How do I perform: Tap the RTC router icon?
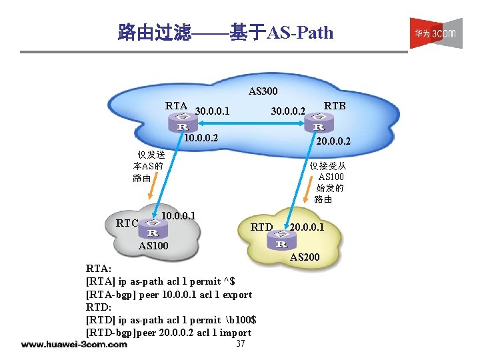tap(153, 229)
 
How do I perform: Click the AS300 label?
tap(263, 91)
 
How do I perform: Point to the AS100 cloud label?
tap(153, 247)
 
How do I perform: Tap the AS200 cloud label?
tap(305, 257)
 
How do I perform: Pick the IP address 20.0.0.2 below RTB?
tap(333, 142)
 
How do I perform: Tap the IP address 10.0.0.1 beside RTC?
tap(178, 215)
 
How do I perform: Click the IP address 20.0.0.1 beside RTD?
tap(307, 228)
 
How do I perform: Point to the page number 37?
tap(241, 344)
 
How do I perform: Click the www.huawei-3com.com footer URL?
tap(74, 345)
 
